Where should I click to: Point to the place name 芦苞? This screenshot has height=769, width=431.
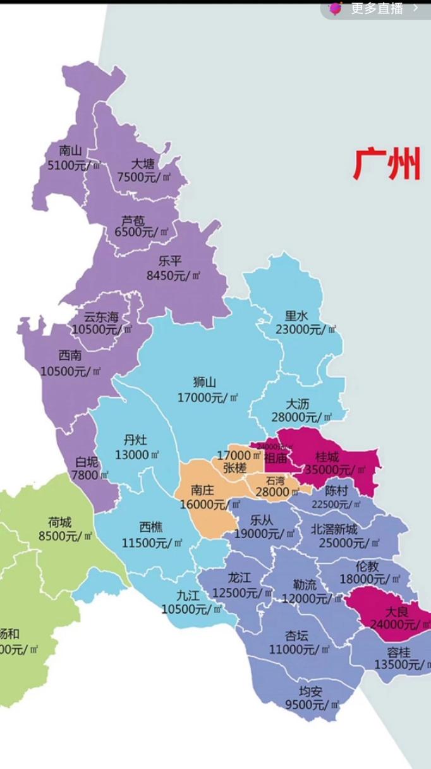(133, 220)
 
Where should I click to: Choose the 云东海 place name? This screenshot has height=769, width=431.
(102, 317)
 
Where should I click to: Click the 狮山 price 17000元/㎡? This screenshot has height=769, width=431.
(208, 397)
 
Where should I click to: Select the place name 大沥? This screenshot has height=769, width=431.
(297, 403)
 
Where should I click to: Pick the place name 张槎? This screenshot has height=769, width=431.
(235, 467)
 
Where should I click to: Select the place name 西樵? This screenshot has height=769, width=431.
(151, 527)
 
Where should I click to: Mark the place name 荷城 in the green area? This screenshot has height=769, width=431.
(59, 522)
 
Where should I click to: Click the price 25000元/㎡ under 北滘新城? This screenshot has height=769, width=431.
(349, 543)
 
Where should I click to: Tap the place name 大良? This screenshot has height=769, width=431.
(398, 612)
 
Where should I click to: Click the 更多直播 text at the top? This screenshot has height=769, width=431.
(377, 8)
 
